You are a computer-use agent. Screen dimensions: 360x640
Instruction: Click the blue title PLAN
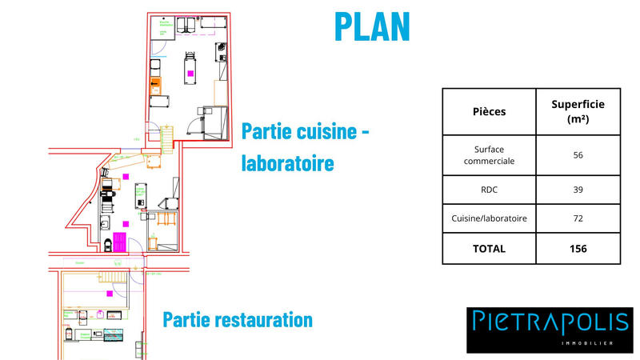pyautogui.click(x=372, y=26)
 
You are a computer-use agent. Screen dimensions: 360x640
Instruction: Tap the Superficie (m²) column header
pyautogui.click(x=578, y=111)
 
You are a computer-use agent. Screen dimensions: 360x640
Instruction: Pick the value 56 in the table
pyautogui.click(x=578, y=154)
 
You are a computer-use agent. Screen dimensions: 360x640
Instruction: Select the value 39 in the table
pyautogui.click(x=578, y=190)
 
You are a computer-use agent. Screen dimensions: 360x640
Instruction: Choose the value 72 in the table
pyautogui.click(x=578, y=218)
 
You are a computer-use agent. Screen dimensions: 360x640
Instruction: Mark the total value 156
pyautogui.click(x=578, y=249)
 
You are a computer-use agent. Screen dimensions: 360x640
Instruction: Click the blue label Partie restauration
pyautogui.click(x=238, y=320)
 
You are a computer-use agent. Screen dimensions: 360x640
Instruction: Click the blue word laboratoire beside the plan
pyautogui.click(x=286, y=163)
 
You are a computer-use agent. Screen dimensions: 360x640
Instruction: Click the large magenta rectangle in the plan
pyautogui.click(x=119, y=241)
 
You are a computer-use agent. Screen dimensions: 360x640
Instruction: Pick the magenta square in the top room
pyautogui.click(x=190, y=74)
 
